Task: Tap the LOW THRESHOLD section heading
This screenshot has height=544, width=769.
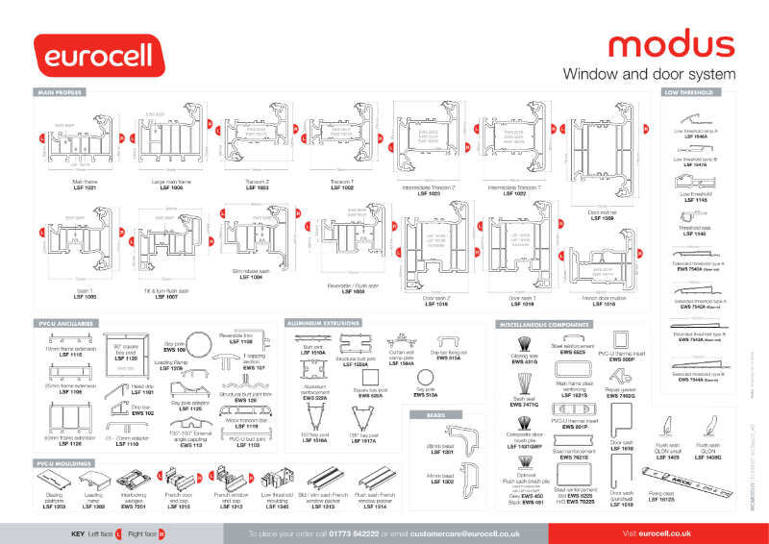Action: (688, 93)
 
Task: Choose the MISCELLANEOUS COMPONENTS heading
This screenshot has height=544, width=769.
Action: (542, 325)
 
